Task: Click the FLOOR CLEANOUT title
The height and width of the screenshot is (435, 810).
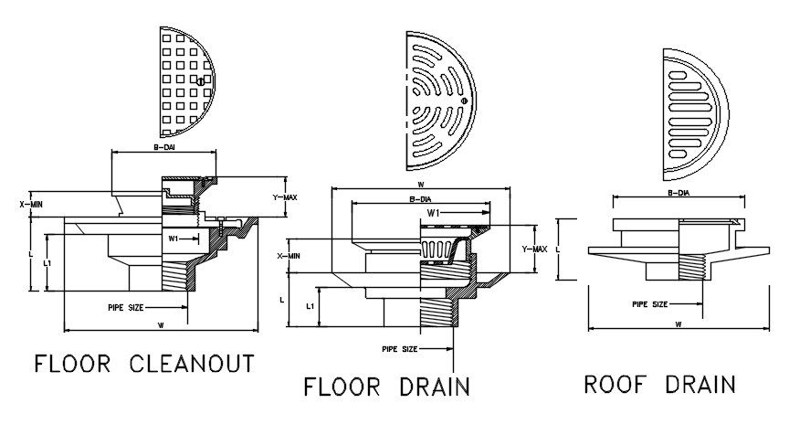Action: (143, 364)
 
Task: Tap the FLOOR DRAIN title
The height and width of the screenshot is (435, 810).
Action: (387, 387)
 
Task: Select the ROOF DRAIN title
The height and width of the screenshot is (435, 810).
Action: (659, 384)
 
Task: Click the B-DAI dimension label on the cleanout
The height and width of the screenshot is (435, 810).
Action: (164, 145)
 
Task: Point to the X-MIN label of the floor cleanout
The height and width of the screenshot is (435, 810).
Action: (31, 205)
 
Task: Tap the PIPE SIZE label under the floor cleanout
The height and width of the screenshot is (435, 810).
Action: (123, 308)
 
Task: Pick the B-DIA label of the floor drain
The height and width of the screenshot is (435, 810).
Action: (421, 199)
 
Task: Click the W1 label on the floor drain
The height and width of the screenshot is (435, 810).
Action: (435, 214)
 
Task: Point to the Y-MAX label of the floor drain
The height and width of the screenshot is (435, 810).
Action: (534, 249)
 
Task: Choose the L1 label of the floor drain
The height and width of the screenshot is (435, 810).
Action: (310, 306)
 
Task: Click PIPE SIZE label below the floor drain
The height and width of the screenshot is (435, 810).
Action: (399, 349)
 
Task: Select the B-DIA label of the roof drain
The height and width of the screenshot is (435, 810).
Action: (678, 193)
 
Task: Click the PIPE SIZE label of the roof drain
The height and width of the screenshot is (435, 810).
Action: (650, 303)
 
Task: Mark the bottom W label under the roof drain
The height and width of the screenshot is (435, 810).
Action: (678, 324)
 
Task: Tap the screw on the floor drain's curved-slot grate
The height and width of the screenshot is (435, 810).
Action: (465, 100)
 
